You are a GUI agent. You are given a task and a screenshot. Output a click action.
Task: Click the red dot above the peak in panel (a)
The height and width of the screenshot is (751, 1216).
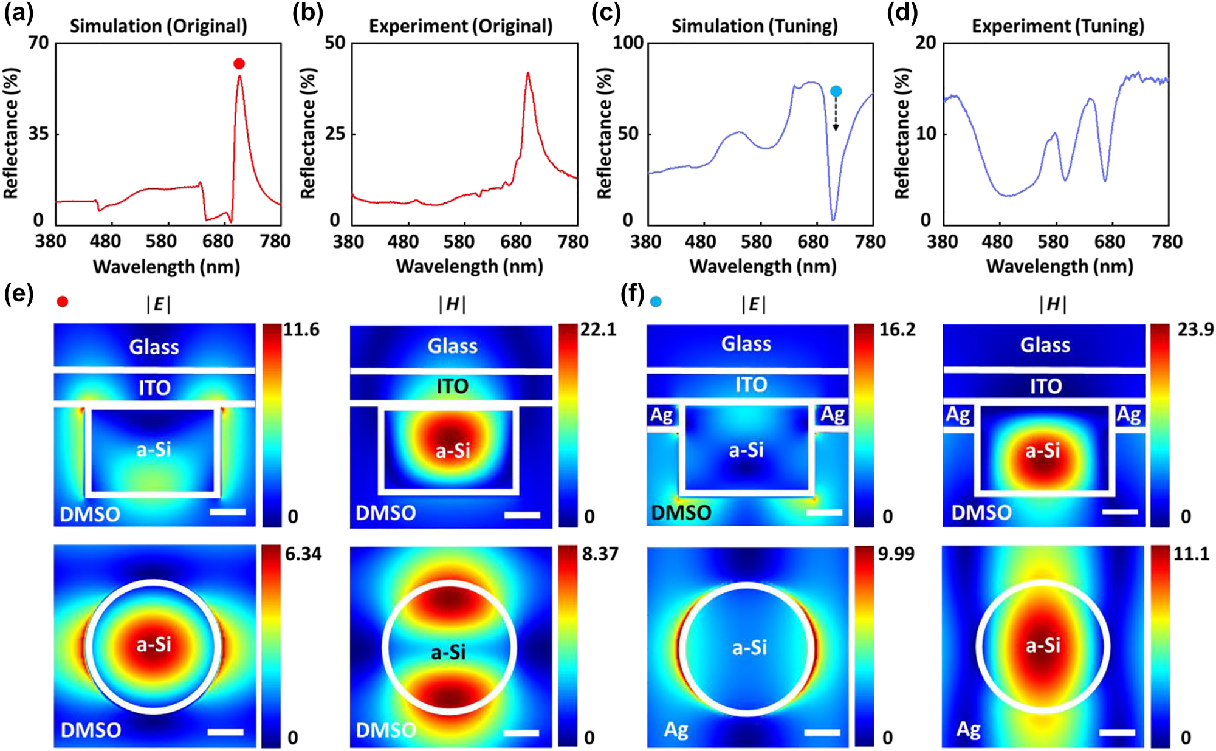(x=239, y=64)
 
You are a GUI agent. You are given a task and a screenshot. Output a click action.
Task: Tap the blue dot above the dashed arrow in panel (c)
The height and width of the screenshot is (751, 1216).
(x=836, y=91)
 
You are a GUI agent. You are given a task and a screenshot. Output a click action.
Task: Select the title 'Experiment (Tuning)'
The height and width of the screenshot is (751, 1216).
(x=1058, y=26)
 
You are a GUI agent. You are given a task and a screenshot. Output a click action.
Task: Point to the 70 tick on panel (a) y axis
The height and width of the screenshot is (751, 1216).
(x=38, y=43)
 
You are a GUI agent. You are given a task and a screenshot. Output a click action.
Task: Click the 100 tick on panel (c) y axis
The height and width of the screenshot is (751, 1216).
(x=628, y=43)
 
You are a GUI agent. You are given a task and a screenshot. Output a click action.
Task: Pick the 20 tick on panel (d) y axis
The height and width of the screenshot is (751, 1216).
(x=926, y=43)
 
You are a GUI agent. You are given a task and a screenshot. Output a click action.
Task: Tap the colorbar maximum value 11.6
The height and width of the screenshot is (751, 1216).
(x=301, y=330)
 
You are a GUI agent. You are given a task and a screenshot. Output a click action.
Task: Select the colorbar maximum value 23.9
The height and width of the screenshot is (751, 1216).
(x=1195, y=330)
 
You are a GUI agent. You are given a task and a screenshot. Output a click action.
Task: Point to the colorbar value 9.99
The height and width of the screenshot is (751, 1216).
(x=896, y=554)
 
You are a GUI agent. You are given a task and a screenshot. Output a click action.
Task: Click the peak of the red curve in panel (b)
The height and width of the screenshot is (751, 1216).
(x=527, y=74)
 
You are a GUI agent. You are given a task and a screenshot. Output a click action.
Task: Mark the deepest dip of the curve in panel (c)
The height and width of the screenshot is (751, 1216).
(x=833, y=219)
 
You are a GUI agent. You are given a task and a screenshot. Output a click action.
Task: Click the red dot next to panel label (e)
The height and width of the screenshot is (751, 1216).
(x=62, y=301)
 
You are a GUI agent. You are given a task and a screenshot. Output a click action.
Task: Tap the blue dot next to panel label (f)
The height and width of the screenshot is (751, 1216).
(x=656, y=301)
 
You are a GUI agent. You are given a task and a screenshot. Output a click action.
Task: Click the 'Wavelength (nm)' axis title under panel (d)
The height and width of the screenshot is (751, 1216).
(x=1059, y=266)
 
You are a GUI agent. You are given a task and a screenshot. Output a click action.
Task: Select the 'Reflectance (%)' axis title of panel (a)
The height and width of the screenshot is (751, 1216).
(x=11, y=134)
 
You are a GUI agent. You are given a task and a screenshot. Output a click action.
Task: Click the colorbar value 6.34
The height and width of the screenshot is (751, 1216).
(x=303, y=554)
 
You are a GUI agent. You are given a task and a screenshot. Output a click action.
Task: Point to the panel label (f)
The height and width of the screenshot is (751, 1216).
(x=633, y=295)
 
